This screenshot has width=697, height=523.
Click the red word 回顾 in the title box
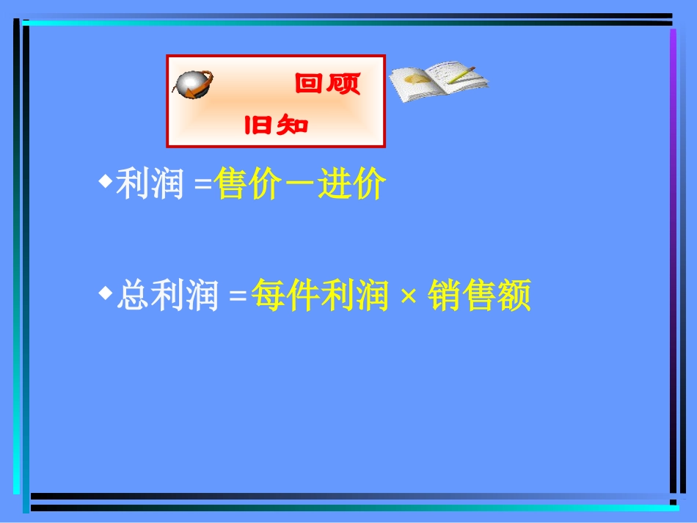tap(327, 84)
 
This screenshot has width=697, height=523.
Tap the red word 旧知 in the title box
tap(276, 126)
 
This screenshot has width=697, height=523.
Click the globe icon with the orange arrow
tap(193, 84)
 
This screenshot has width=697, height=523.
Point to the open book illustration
tap(437, 81)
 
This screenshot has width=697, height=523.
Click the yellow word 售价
tap(247, 185)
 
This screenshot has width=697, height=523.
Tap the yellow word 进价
tap(351, 185)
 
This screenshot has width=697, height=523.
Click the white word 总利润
tap(167, 297)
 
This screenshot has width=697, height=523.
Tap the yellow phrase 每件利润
tap(319, 297)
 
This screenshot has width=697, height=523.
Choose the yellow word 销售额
tap(480, 297)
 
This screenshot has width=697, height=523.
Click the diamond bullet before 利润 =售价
tap(105, 180)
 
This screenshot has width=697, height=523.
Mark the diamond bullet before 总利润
tap(105, 292)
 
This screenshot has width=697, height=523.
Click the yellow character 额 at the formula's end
tap(514, 297)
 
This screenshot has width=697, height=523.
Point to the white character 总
tap(133, 297)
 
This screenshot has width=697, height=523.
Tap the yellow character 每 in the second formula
tap(268, 297)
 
